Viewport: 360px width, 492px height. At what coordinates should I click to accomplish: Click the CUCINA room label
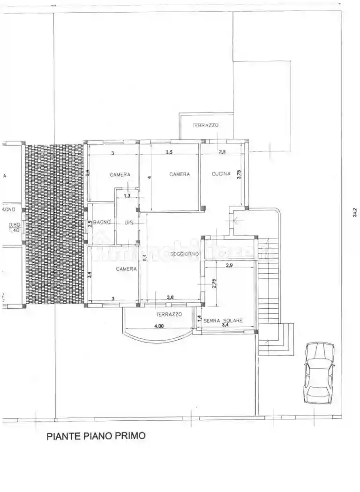(221, 174)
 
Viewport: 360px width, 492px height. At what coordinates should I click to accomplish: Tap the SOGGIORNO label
(184, 253)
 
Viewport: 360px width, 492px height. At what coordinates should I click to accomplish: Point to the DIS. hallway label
(129, 223)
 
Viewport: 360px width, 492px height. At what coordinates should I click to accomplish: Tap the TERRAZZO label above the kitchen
(206, 126)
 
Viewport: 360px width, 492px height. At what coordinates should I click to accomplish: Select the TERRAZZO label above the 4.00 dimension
(169, 314)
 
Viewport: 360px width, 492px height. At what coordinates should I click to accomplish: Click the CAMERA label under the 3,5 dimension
(180, 174)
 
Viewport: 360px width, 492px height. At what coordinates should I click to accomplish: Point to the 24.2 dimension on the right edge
(355, 213)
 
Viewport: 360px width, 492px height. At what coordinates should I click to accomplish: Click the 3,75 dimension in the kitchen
(239, 174)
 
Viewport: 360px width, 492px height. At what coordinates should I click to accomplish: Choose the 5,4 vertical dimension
(145, 257)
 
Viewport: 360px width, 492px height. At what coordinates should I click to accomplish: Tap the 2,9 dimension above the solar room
(229, 266)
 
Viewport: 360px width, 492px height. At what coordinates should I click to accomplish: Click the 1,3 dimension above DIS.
(127, 196)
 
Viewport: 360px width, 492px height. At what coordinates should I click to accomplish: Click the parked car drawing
(319, 373)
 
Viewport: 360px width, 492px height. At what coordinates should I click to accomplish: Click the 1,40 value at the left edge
(14, 230)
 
